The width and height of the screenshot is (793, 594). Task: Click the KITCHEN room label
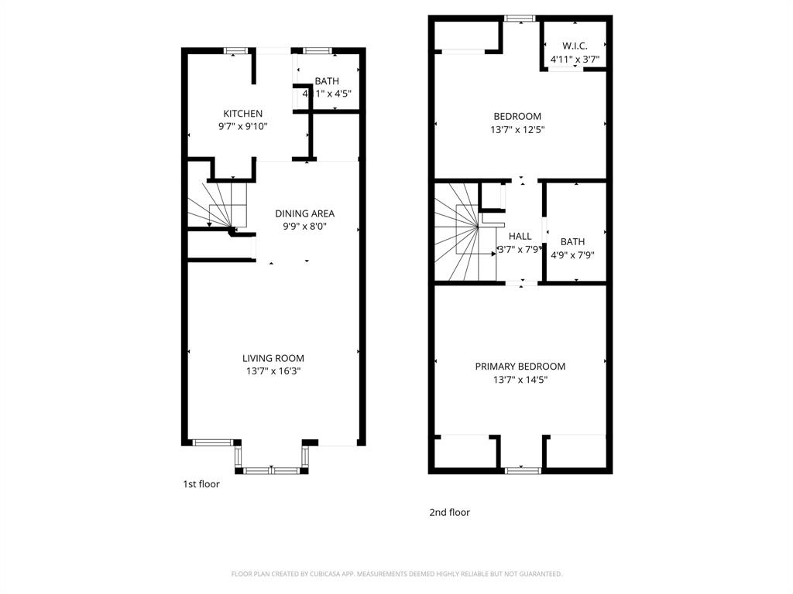(x=242, y=114)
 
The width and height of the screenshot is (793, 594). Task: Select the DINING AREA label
(x=304, y=213)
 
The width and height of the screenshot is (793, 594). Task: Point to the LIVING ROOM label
(x=273, y=358)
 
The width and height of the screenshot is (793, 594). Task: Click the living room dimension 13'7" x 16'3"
(x=273, y=371)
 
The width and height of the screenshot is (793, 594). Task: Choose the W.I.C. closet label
(x=574, y=46)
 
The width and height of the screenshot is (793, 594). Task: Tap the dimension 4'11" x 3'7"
(x=574, y=59)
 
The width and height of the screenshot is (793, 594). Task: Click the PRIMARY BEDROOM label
(x=520, y=367)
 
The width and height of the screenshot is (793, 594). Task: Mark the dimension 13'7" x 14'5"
(x=520, y=380)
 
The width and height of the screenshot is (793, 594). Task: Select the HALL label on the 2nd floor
(x=520, y=236)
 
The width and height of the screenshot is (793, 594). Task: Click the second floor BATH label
(x=572, y=241)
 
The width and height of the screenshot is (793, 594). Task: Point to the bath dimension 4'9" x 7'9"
(x=572, y=254)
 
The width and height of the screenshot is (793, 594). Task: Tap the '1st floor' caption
(x=201, y=484)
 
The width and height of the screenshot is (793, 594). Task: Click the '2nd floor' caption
(x=449, y=512)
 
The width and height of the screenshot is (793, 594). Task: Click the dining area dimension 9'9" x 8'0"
(x=304, y=227)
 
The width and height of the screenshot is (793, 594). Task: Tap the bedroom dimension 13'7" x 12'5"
(x=517, y=130)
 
